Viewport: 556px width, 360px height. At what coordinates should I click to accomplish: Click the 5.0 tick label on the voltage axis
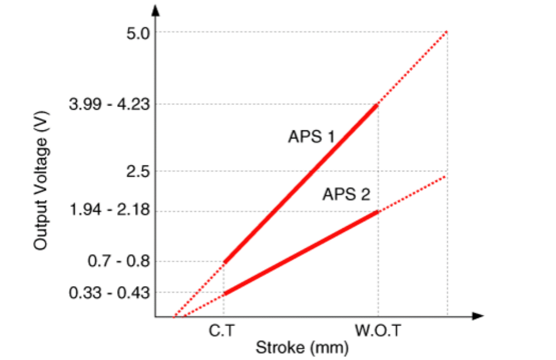[138, 33]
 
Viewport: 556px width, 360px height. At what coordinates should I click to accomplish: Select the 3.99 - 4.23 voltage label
[109, 104]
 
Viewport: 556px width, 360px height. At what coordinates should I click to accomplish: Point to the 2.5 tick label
[138, 171]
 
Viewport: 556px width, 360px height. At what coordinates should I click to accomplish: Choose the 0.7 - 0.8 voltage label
[119, 261]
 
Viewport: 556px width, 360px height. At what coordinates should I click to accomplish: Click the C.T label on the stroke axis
[221, 331]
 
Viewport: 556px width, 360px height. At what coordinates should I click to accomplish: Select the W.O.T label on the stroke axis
[378, 331]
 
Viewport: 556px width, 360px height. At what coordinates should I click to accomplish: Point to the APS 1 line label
[311, 137]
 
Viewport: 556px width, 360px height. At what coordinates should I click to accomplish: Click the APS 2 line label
[346, 194]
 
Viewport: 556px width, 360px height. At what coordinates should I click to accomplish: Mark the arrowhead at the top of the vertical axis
[156, 10]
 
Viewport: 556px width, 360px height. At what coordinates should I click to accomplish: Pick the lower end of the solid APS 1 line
[225, 262]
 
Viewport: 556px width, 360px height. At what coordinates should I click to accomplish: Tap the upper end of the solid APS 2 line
[377, 211]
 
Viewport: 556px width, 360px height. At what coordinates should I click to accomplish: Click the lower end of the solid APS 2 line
[225, 294]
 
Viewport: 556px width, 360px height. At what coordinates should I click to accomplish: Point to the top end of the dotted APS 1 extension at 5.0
[446, 32]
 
